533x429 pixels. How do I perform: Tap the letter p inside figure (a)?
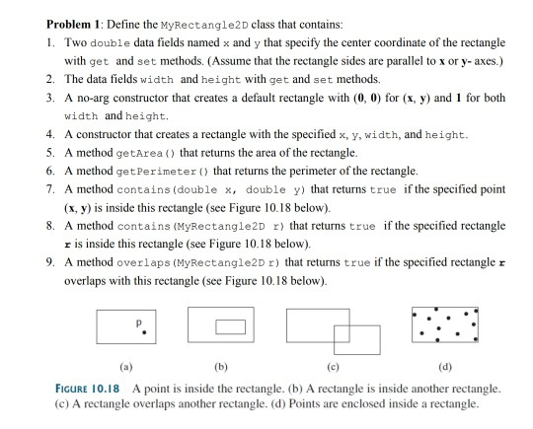point(142,321)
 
